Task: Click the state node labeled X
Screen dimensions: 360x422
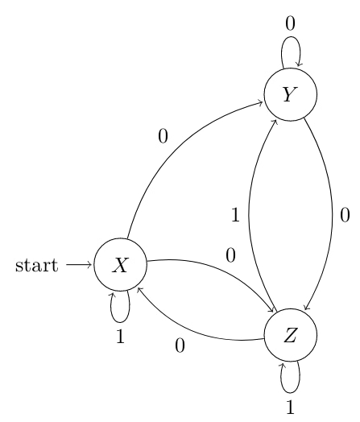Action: [120, 265]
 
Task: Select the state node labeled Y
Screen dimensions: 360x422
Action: [291, 94]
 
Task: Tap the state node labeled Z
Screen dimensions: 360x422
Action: [291, 335]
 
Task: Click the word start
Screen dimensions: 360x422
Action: [36, 266]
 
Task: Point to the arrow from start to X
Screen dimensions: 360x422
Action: [79, 265]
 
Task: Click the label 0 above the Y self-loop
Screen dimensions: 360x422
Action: [290, 23]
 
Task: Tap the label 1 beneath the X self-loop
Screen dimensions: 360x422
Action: [121, 336]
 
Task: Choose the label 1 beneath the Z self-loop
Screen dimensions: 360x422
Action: [290, 407]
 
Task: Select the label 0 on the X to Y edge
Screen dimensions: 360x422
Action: [163, 136]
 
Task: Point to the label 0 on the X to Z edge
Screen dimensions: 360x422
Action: [231, 255]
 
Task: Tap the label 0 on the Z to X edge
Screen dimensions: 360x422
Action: [180, 345]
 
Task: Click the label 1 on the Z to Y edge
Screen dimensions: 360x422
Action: [235, 215]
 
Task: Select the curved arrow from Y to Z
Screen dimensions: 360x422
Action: [333, 215]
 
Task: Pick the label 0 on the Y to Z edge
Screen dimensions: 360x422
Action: [345, 215]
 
